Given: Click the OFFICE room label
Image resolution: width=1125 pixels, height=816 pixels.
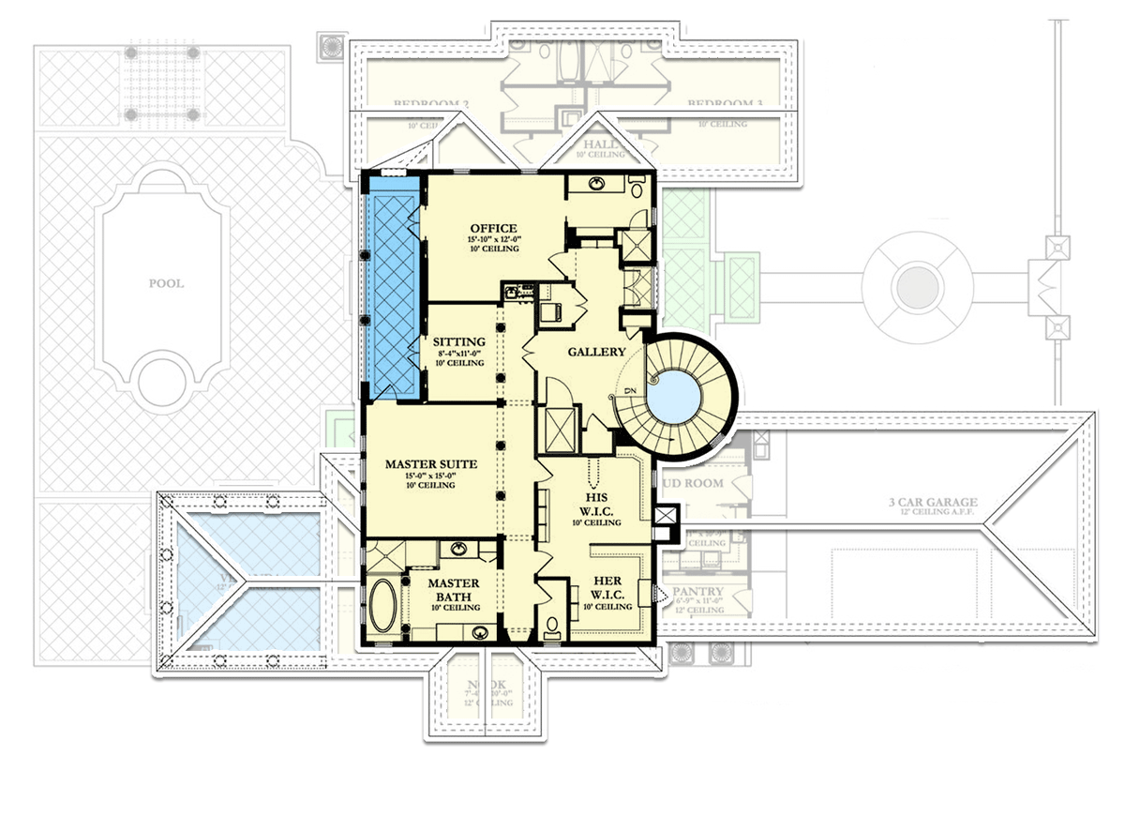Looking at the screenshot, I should click(x=494, y=228).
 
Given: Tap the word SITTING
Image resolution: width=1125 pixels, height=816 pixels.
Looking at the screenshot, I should click(x=459, y=341).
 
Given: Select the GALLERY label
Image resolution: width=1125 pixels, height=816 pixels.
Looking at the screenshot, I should click(x=596, y=352).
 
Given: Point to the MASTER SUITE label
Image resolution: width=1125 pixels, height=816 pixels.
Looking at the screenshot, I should click(x=432, y=463).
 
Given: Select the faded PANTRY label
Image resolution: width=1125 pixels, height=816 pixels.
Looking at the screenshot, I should click(x=703, y=592).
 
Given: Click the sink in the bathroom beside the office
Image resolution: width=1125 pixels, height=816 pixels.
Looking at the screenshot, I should click(x=594, y=184).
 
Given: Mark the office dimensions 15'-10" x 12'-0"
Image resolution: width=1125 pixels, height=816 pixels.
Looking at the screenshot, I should click(x=494, y=241).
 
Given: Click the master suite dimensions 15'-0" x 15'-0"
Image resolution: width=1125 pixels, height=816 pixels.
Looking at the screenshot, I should click(x=432, y=476).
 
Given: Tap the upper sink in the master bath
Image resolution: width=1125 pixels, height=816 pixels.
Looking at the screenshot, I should click(x=459, y=548).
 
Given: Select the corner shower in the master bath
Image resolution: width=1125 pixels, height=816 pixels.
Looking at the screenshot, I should click(x=384, y=559).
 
